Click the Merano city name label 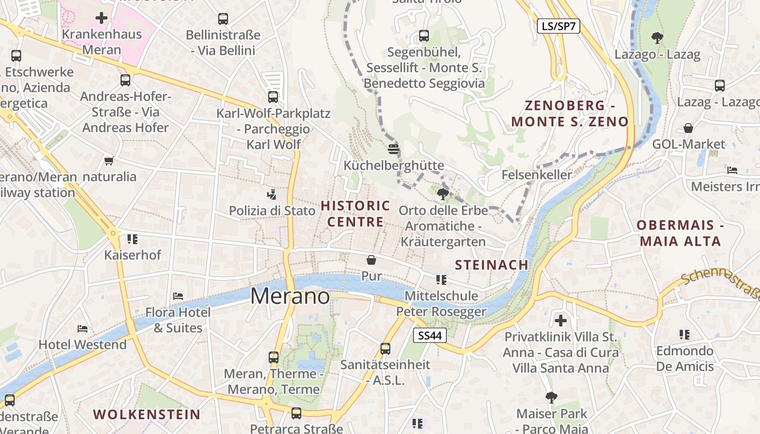pyautogui.click(x=290, y=296)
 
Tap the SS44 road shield pyautogui.click(x=430, y=336)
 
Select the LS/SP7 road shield pyautogui.click(x=559, y=26)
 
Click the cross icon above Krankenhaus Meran pyautogui.click(x=102, y=18)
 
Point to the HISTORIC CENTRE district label pyautogui.click(x=356, y=214)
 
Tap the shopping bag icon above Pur pyautogui.click(x=371, y=260)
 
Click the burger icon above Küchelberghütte pyautogui.click(x=394, y=149)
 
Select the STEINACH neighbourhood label pyautogui.click(x=492, y=265)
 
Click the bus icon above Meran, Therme pyautogui.click(x=274, y=358)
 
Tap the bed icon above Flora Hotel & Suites pyautogui.click(x=178, y=296)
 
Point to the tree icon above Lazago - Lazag pyautogui.click(x=657, y=38)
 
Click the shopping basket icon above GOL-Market pyautogui.click(x=688, y=128)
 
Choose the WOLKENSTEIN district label pyautogui.click(x=147, y=414)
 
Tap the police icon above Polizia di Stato pyautogui.click(x=272, y=194)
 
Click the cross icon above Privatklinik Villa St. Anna pyautogui.click(x=561, y=320)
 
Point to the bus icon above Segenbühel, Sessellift pyautogui.click(x=424, y=36)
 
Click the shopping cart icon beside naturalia pyautogui.click(x=109, y=161)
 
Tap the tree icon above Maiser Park pyautogui.click(x=552, y=397)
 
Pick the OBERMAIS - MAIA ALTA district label pyautogui.click(x=681, y=233)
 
